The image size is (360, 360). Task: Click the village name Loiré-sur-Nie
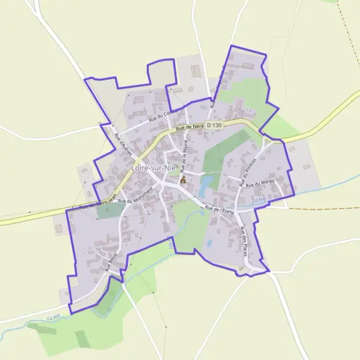tap(153, 169)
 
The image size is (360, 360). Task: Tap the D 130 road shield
tap(214, 125)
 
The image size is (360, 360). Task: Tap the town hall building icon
tap(183, 179)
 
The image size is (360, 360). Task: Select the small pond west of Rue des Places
tap(209, 243)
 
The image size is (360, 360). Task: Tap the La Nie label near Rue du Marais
tap(259, 200)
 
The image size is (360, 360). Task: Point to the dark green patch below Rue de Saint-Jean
tap(107, 211)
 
